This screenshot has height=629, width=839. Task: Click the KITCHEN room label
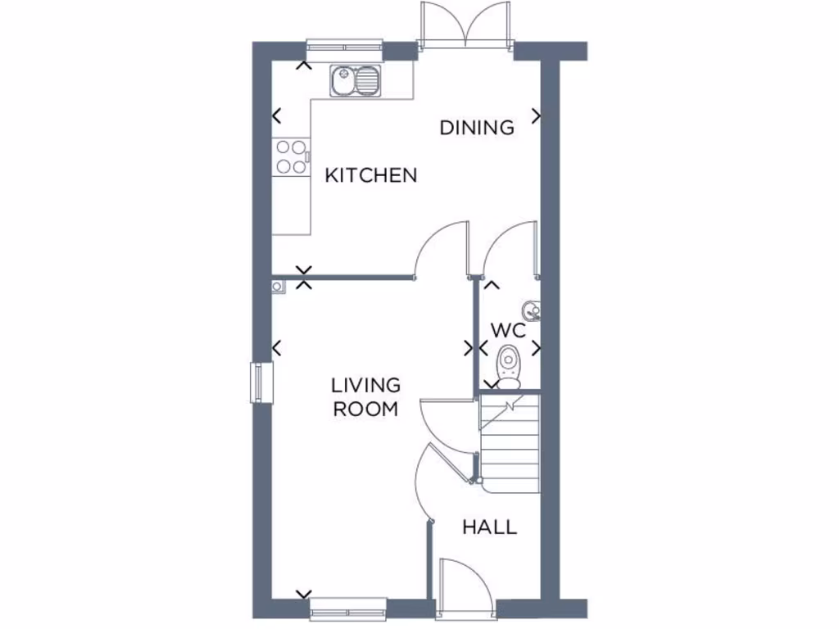point(371,174)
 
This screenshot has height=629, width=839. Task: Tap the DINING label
point(477,128)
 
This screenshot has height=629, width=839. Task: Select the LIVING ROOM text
point(365,396)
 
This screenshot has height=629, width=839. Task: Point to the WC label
point(507,330)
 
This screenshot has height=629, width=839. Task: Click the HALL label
point(489,527)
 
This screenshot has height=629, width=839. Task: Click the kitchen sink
point(356,81)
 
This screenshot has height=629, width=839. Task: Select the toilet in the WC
point(509,365)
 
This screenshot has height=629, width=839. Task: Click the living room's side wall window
point(261,383)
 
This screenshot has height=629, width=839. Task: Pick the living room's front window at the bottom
point(348,608)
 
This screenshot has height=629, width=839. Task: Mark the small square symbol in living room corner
point(278,286)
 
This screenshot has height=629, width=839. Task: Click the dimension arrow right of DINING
point(537,116)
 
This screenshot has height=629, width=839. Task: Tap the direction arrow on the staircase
point(510,405)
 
